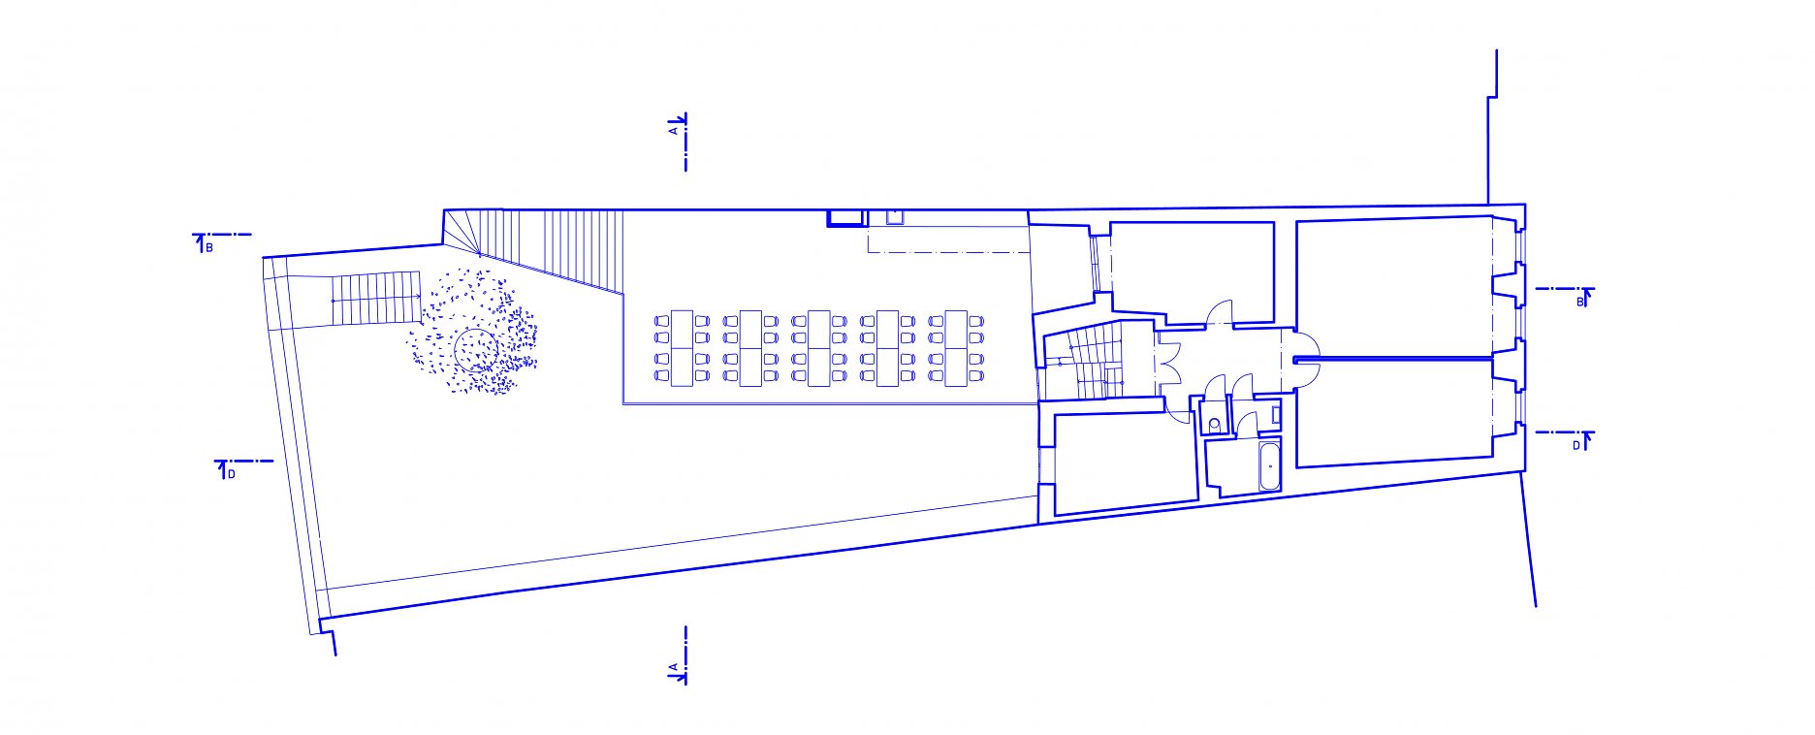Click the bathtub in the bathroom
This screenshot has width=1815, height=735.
(x=1269, y=466)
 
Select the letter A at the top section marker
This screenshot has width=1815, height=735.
(x=673, y=128)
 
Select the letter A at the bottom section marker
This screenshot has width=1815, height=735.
(x=673, y=668)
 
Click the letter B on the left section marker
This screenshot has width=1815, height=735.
(x=208, y=248)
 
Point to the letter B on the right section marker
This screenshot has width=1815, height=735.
(x=1578, y=303)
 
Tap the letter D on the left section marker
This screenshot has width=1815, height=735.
(x=231, y=474)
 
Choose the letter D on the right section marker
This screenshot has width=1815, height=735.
(x=1576, y=445)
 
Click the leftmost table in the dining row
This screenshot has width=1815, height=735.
(x=682, y=348)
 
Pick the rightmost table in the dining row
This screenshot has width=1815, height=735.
(x=956, y=348)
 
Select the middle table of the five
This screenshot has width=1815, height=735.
(x=819, y=348)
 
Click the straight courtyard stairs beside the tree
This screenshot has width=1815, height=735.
(x=376, y=301)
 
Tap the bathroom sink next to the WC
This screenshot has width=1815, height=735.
(x=1275, y=415)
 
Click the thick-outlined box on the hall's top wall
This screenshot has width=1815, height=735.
(x=844, y=218)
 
